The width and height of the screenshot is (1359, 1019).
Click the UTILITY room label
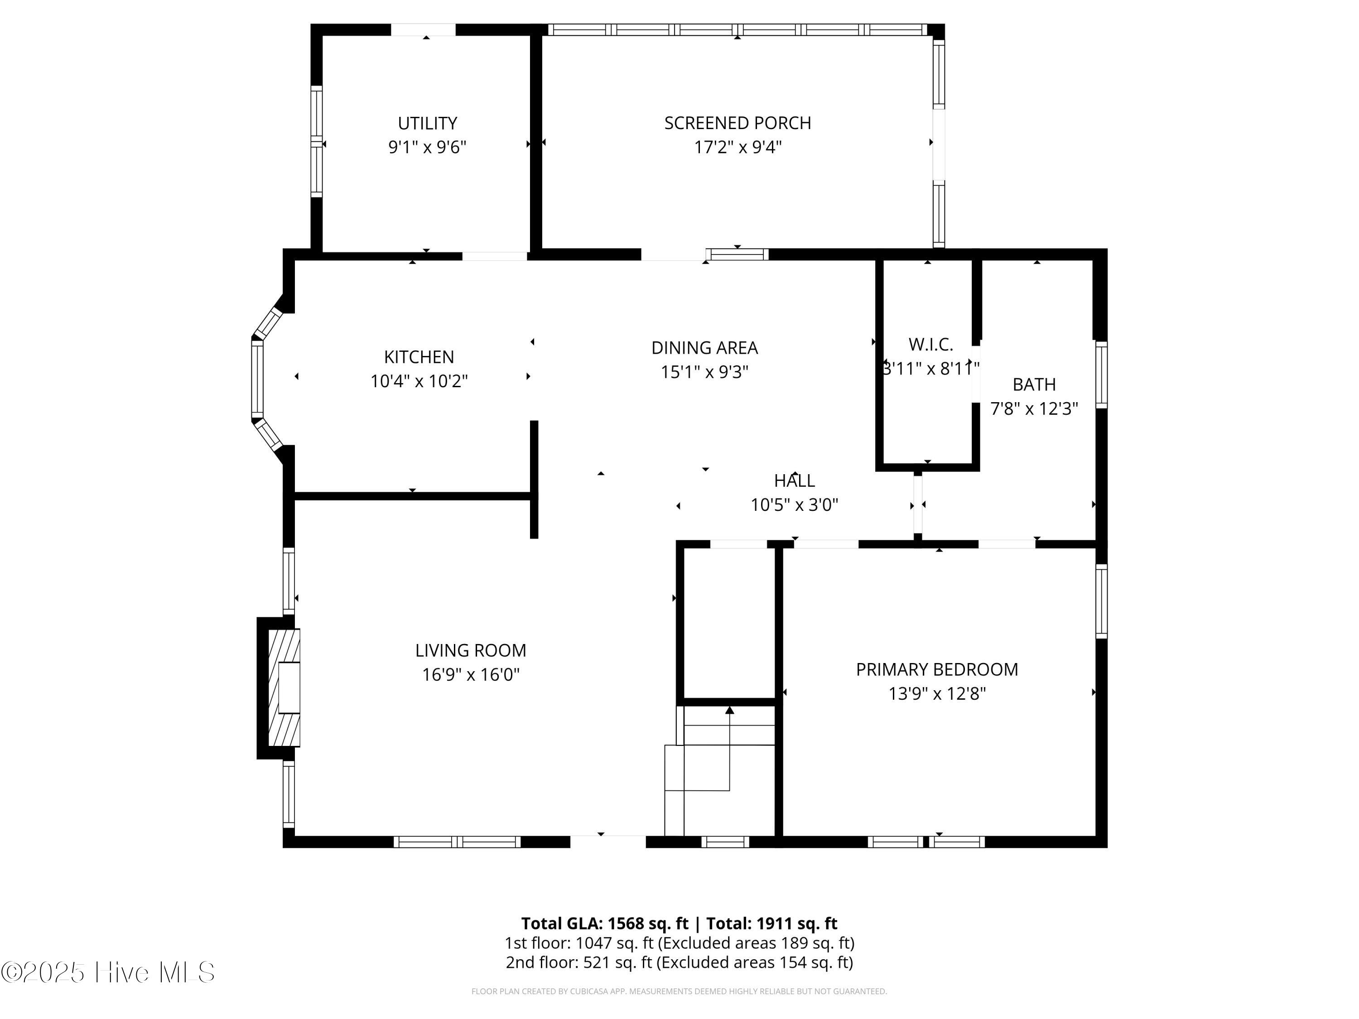(x=427, y=124)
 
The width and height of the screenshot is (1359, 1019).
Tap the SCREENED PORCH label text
(x=737, y=123)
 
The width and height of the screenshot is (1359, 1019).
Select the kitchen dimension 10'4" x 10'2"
(x=419, y=381)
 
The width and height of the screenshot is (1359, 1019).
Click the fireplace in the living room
(x=284, y=687)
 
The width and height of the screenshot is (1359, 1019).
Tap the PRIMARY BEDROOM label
(x=936, y=669)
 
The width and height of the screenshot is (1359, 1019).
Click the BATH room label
(x=1034, y=385)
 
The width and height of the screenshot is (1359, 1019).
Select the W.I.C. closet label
(x=930, y=345)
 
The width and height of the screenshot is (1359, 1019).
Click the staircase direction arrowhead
(x=729, y=710)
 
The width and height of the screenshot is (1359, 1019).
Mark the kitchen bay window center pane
(x=257, y=379)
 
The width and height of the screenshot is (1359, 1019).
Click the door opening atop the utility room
(x=423, y=29)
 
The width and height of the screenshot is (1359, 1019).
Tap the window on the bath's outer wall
(x=1101, y=375)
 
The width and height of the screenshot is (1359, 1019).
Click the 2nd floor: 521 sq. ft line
(x=679, y=962)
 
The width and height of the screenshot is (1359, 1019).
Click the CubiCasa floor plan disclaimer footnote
(x=679, y=991)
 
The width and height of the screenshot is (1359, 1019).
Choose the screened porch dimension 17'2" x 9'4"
(x=737, y=147)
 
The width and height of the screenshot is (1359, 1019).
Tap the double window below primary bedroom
(x=926, y=841)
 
